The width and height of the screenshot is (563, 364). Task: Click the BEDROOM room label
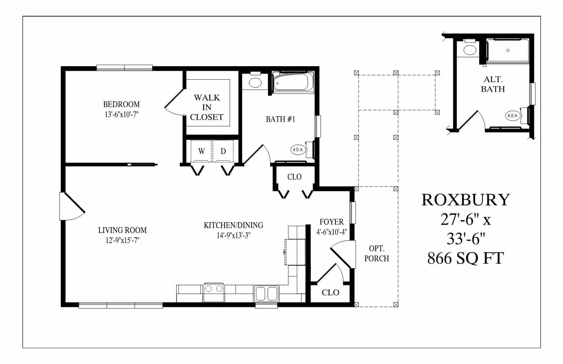(x=121, y=104)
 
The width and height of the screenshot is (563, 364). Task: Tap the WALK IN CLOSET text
(x=207, y=107)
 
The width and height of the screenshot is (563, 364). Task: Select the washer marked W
(x=201, y=151)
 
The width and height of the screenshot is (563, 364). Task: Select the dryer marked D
(x=223, y=151)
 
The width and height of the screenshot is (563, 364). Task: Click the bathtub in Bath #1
(x=293, y=82)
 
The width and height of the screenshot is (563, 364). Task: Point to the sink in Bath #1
(x=255, y=82)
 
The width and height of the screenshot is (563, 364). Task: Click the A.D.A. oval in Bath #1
(x=298, y=150)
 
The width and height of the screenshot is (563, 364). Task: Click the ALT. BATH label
(x=493, y=84)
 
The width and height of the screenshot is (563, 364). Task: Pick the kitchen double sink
(x=266, y=293)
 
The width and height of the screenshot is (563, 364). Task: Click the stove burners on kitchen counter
(x=214, y=289)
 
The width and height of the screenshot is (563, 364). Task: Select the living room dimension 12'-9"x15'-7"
(x=122, y=240)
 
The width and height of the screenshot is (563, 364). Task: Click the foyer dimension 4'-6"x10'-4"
(x=332, y=232)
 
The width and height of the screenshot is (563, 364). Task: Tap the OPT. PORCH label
(x=376, y=253)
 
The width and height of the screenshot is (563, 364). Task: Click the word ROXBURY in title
(x=465, y=200)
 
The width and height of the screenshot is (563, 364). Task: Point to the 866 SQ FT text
(x=465, y=258)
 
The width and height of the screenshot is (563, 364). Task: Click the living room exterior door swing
(x=71, y=207)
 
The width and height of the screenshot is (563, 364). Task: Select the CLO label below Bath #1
(x=294, y=177)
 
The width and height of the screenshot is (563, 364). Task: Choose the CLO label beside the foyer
(x=330, y=293)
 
